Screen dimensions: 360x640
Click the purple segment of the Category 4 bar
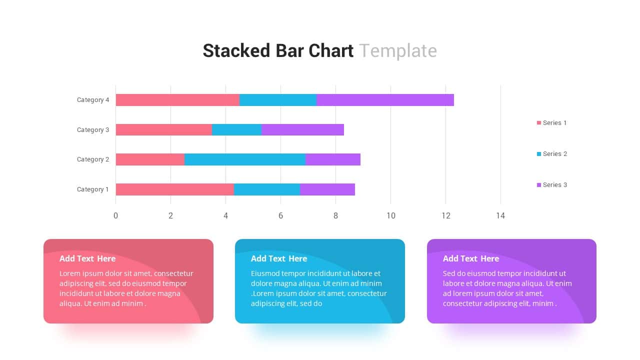click(385, 100)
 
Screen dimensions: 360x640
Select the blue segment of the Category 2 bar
click(245, 159)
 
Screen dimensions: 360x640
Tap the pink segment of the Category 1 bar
click(175, 189)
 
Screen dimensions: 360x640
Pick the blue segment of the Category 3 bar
click(236, 130)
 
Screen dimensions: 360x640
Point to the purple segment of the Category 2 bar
click(332, 159)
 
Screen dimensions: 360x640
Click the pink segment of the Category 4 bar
click(177, 100)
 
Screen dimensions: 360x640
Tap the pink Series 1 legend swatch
click(539, 123)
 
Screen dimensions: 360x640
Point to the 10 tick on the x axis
click(390, 215)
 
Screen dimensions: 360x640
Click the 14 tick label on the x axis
click(500, 215)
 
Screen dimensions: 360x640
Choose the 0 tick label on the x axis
click(116, 215)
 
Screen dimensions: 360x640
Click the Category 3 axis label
click(93, 130)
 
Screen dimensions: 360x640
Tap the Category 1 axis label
click(93, 189)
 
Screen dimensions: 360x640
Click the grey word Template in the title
click(398, 51)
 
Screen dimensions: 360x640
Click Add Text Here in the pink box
click(87, 258)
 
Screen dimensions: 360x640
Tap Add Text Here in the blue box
click(279, 258)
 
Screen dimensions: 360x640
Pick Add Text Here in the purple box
click(471, 258)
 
